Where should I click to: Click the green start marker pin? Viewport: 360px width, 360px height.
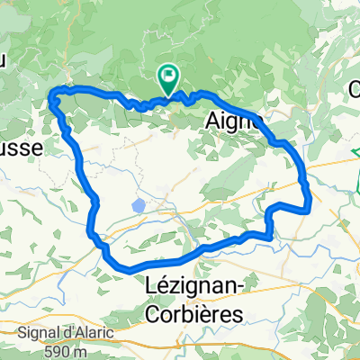(168, 78)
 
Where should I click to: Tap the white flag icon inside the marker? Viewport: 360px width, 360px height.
(168, 76)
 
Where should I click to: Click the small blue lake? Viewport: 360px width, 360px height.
(138, 206)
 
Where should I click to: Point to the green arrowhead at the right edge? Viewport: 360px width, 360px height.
(357, 155)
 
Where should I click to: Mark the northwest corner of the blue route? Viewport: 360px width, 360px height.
(52, 94)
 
